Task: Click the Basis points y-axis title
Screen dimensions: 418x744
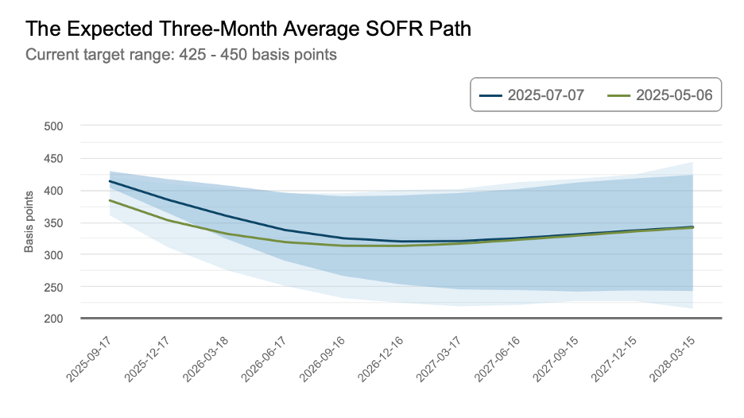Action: (29, 222)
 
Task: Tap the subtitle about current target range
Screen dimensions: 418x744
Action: (181, 55)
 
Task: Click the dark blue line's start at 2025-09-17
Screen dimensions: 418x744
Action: (110, 181)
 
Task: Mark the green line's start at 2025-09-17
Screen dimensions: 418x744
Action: (110, 200)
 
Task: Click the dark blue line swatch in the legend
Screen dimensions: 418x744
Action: (491, 95)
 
